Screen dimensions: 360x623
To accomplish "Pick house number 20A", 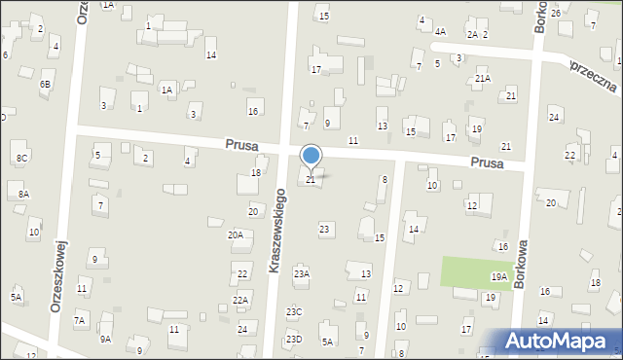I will pyautogui.click(x=236, y=234).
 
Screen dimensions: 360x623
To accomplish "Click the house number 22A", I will pyautogui.click(x=241, y=300).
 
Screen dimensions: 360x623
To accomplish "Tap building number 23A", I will pyautogui.click(x=302, y=274).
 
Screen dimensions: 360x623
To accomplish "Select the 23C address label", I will pyautogui.click(x=294, y=311).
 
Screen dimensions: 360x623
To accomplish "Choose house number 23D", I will pyautogui.click(x=294, y=339).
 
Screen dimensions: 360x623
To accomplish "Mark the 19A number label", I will pyautogui.click(x=499, y=277).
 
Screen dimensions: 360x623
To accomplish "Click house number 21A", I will pyautogui.click(x=482, y=78).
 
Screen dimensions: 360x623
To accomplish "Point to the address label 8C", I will pyautogui.click(x=21, y=157).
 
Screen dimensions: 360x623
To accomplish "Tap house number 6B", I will pyautogui.click(x=45, y=85).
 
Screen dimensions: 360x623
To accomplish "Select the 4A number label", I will pyautogui.click(x=440, y=32).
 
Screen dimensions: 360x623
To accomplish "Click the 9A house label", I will pyautogui.click(x=105, y=339).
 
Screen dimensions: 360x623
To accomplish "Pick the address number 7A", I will pyautogui.click(x=80, y=320).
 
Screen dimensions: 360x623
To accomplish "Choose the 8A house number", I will pyautogui.click(x=23, y=195).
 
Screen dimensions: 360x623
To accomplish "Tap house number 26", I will pyautogui.click(x=555, y=13).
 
